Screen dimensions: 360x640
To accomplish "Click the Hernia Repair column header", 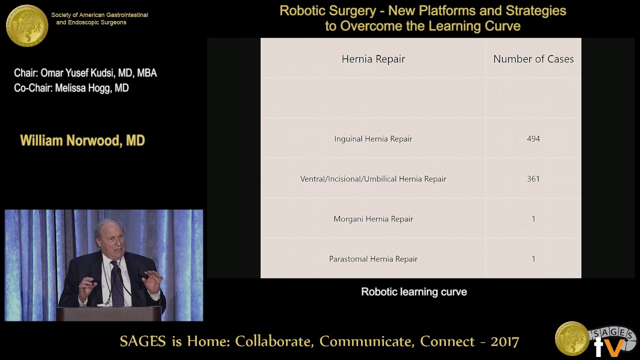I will tap(373, 59).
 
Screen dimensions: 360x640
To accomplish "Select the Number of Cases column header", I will tap(533, 59).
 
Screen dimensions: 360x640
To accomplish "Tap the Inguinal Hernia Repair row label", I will tap(373, 139).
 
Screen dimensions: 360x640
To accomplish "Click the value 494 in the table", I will tap(533, 139).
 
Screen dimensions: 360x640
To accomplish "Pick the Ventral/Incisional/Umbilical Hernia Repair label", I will tap(373, 179).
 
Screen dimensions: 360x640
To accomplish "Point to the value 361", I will tap(533, 179).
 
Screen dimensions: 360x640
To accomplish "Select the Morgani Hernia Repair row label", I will tap(373, 219).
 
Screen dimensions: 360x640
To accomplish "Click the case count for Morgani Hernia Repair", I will tap(533, 219).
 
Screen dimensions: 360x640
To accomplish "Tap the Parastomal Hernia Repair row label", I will tap(373, 259).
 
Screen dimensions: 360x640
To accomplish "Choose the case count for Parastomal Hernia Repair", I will tap(533, 259).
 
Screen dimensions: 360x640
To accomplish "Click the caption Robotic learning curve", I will tap(414, 292).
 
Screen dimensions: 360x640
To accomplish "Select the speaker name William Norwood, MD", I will tap(82, 140).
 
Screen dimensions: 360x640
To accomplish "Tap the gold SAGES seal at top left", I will tap(27, 25).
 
